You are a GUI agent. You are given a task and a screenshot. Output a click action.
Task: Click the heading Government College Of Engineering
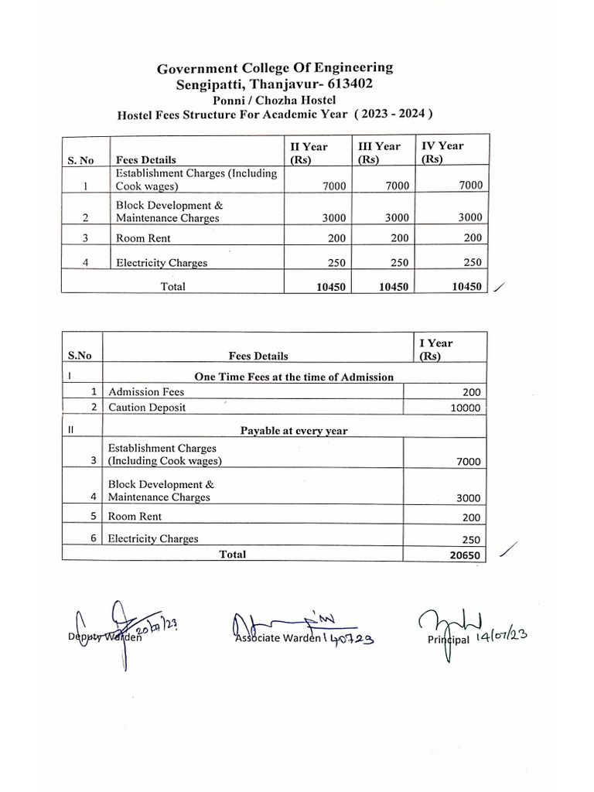pos(275,68)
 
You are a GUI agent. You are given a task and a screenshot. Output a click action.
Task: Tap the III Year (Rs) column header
pos(378,152)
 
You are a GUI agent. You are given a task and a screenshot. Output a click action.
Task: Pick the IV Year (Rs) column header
pos(442,152)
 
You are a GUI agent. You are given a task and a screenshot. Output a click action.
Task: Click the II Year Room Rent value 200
pos(335,239)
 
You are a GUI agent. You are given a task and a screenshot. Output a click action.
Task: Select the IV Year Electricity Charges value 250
pos(472,263)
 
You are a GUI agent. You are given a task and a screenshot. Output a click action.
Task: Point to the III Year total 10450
pos(394,287)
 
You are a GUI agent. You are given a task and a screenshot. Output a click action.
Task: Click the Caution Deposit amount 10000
pos(465,408)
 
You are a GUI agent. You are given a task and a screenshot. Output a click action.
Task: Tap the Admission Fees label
pos(146,392)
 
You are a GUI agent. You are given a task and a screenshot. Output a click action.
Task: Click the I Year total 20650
pos(465,556)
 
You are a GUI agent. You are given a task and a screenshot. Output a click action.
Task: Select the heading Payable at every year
pos(294,431)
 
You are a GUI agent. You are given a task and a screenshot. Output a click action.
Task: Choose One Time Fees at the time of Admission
pos(294,377)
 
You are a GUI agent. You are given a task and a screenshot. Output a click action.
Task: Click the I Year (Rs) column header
pos(435,350)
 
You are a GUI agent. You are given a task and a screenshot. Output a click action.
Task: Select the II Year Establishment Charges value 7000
pos(333,186)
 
